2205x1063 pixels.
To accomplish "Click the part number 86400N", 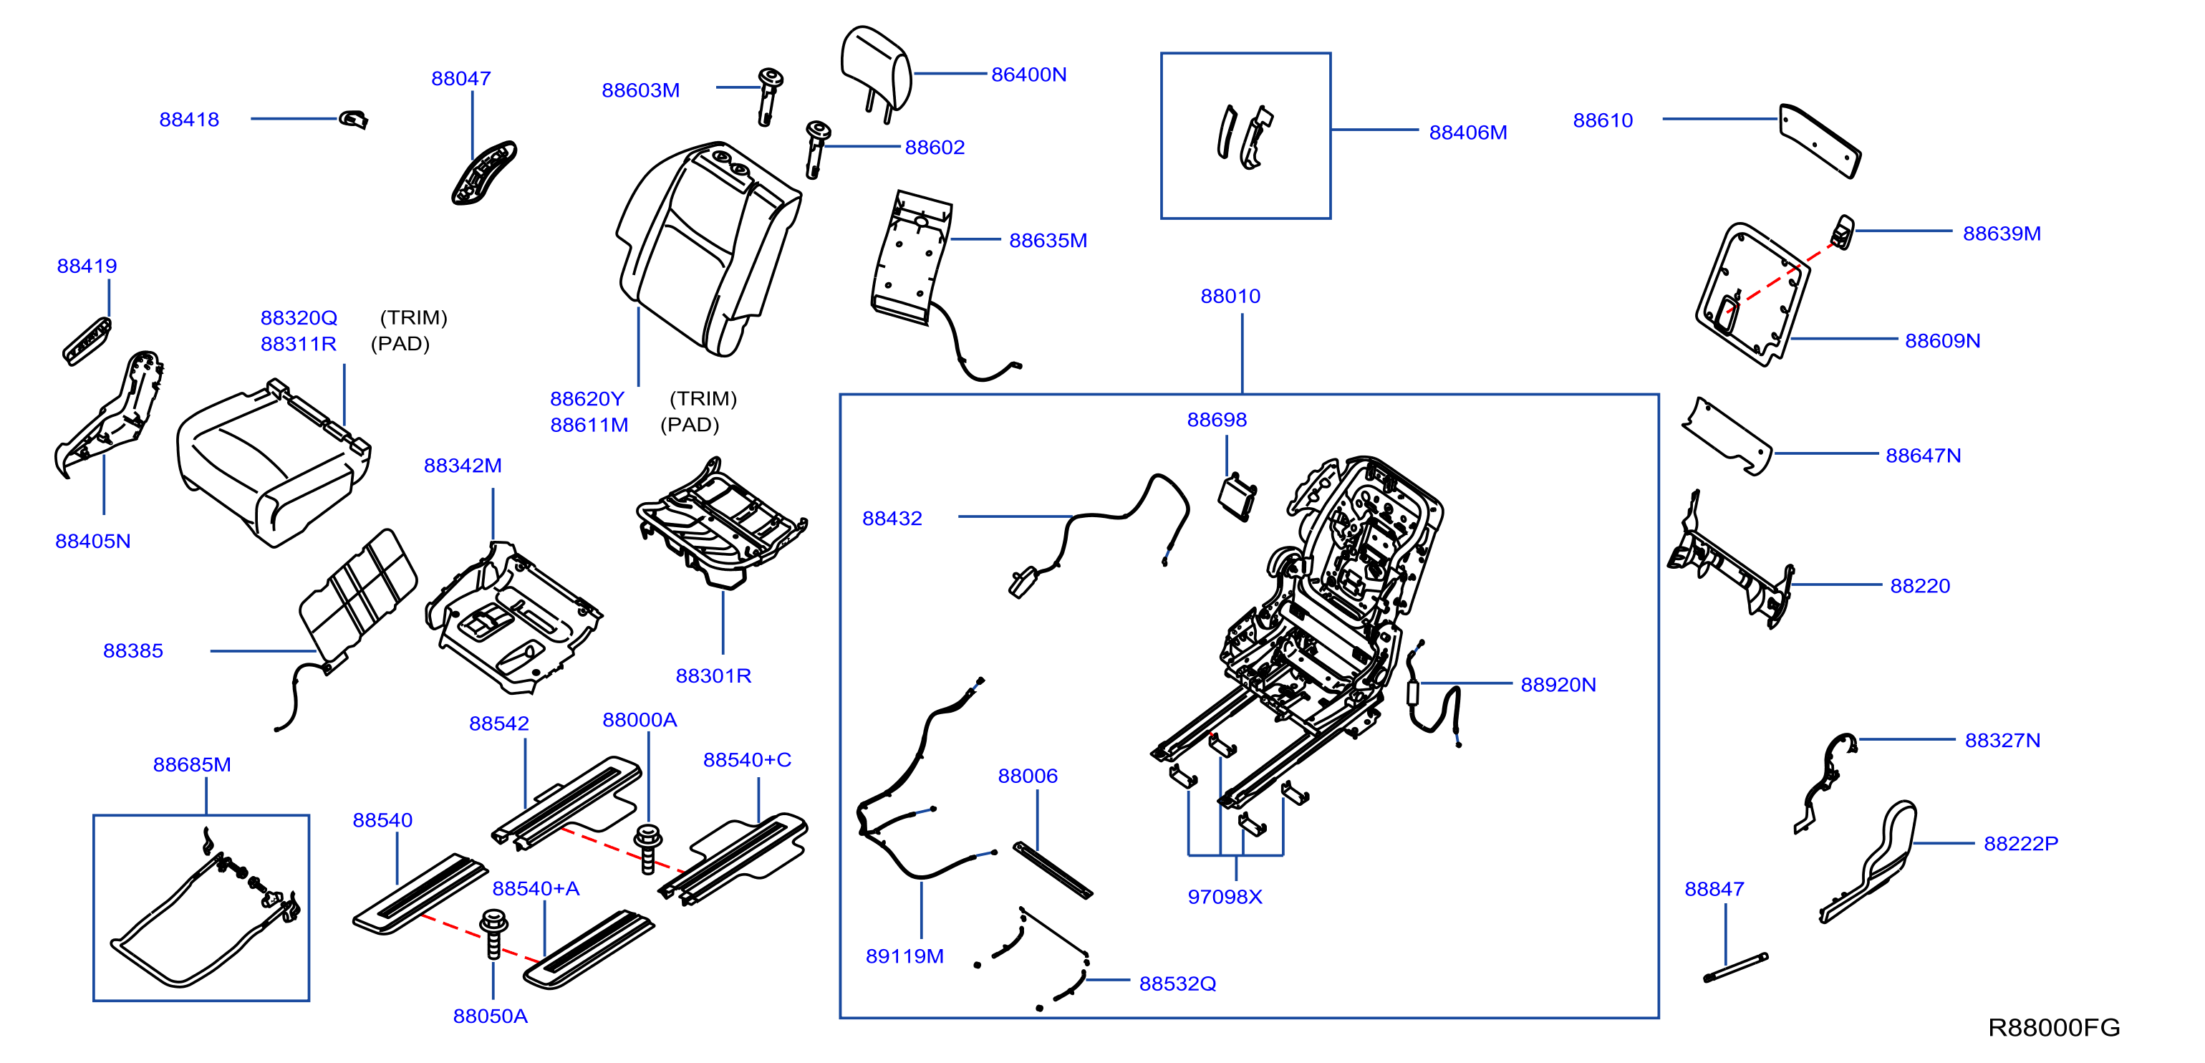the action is (x=1028, y=74).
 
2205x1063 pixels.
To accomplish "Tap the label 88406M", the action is (x=1467, y=133).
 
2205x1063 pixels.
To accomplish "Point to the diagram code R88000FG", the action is (x=2053, y=1027).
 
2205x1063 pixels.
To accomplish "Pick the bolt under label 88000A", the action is (x=648, y=848).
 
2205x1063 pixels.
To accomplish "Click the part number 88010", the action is (x=1230, y=296).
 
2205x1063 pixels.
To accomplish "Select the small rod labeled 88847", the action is (x=1735, y=967).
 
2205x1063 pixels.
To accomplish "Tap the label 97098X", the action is (x=1224, y=896).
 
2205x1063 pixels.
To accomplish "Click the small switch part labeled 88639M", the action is (x=1842, y=232).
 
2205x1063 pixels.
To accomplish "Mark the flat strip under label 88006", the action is (x=1053, y=870).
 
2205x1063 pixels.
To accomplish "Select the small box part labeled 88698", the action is (x=1236, y=497).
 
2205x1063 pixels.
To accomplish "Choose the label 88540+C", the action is (x=746, y=760).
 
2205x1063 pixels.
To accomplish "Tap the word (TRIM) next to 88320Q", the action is (x=413, y=317).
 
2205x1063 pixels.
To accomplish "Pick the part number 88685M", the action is (x=192, y=764).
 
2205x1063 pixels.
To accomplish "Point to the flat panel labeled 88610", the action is (x=1820, y=141).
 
